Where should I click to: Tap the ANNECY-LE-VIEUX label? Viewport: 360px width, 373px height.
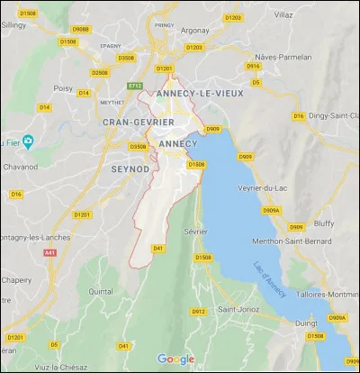pos(194,94)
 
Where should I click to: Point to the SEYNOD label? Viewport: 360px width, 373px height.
pos(129,168)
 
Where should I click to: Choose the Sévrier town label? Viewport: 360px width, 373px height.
pos(194,232)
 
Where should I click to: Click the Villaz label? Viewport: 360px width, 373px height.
pos(308,15)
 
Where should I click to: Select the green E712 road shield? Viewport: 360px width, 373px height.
pos(136,86)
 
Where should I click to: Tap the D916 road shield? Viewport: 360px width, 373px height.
pos(253,66)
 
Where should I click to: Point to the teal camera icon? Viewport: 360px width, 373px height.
pos(29,141)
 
